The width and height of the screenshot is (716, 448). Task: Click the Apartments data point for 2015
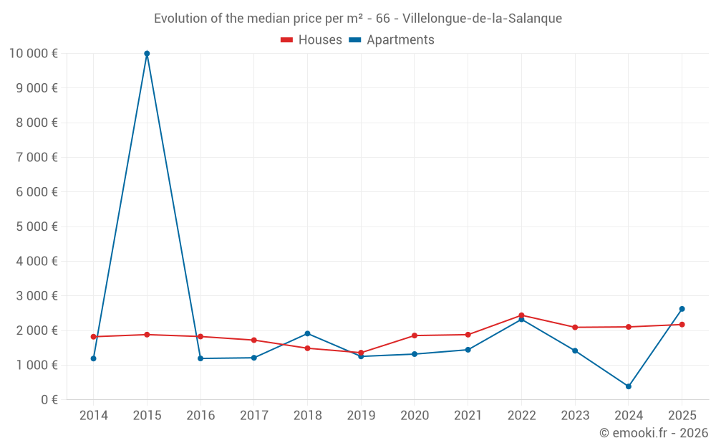(147, 53)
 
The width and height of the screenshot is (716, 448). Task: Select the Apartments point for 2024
(629, 386)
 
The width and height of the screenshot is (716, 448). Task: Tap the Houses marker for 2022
(521, 315)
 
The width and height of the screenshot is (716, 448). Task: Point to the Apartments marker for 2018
(307, 333)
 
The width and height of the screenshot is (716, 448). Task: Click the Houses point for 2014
(94, 337)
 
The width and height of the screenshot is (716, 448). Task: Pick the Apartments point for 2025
(682, 309)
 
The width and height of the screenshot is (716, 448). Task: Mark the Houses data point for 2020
(415, 335)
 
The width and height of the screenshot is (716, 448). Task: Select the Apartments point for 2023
(575, 351)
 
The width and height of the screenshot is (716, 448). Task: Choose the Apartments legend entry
(400, 40)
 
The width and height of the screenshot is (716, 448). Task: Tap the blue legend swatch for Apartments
(355, 40)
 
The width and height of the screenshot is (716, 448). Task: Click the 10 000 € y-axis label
(33, 53)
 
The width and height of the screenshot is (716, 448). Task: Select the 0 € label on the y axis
(49, 400)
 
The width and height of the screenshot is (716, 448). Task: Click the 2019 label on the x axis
(361, 416)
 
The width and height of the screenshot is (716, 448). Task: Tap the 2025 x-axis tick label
(682, 416)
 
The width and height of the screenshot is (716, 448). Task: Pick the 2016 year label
(200, 416)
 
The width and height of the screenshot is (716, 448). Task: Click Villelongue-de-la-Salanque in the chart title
(483, 18)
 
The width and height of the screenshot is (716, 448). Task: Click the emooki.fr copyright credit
(654, 433)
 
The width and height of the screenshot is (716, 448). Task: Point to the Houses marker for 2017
(254, 340)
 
